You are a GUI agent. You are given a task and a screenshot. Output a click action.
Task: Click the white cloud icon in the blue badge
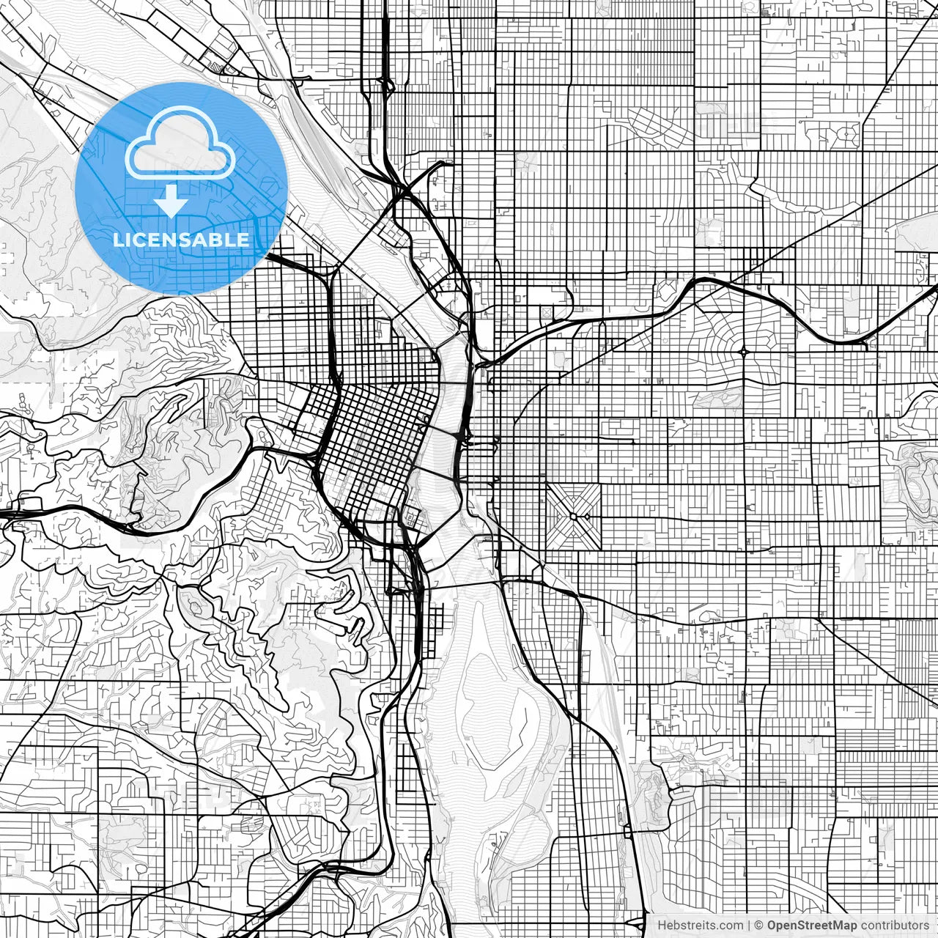180,142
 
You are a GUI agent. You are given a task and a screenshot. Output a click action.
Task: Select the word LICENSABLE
180,240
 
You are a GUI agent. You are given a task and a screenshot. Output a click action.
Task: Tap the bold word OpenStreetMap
812,926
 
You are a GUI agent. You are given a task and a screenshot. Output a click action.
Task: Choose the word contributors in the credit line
895,926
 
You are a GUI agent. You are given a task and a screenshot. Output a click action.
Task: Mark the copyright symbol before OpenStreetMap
760,926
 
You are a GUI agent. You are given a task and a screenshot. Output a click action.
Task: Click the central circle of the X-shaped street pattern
573,516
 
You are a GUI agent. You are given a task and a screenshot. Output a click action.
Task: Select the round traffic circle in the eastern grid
745,352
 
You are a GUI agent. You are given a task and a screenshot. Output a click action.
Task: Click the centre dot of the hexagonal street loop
849,135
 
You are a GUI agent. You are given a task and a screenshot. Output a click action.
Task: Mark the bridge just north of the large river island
464,584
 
